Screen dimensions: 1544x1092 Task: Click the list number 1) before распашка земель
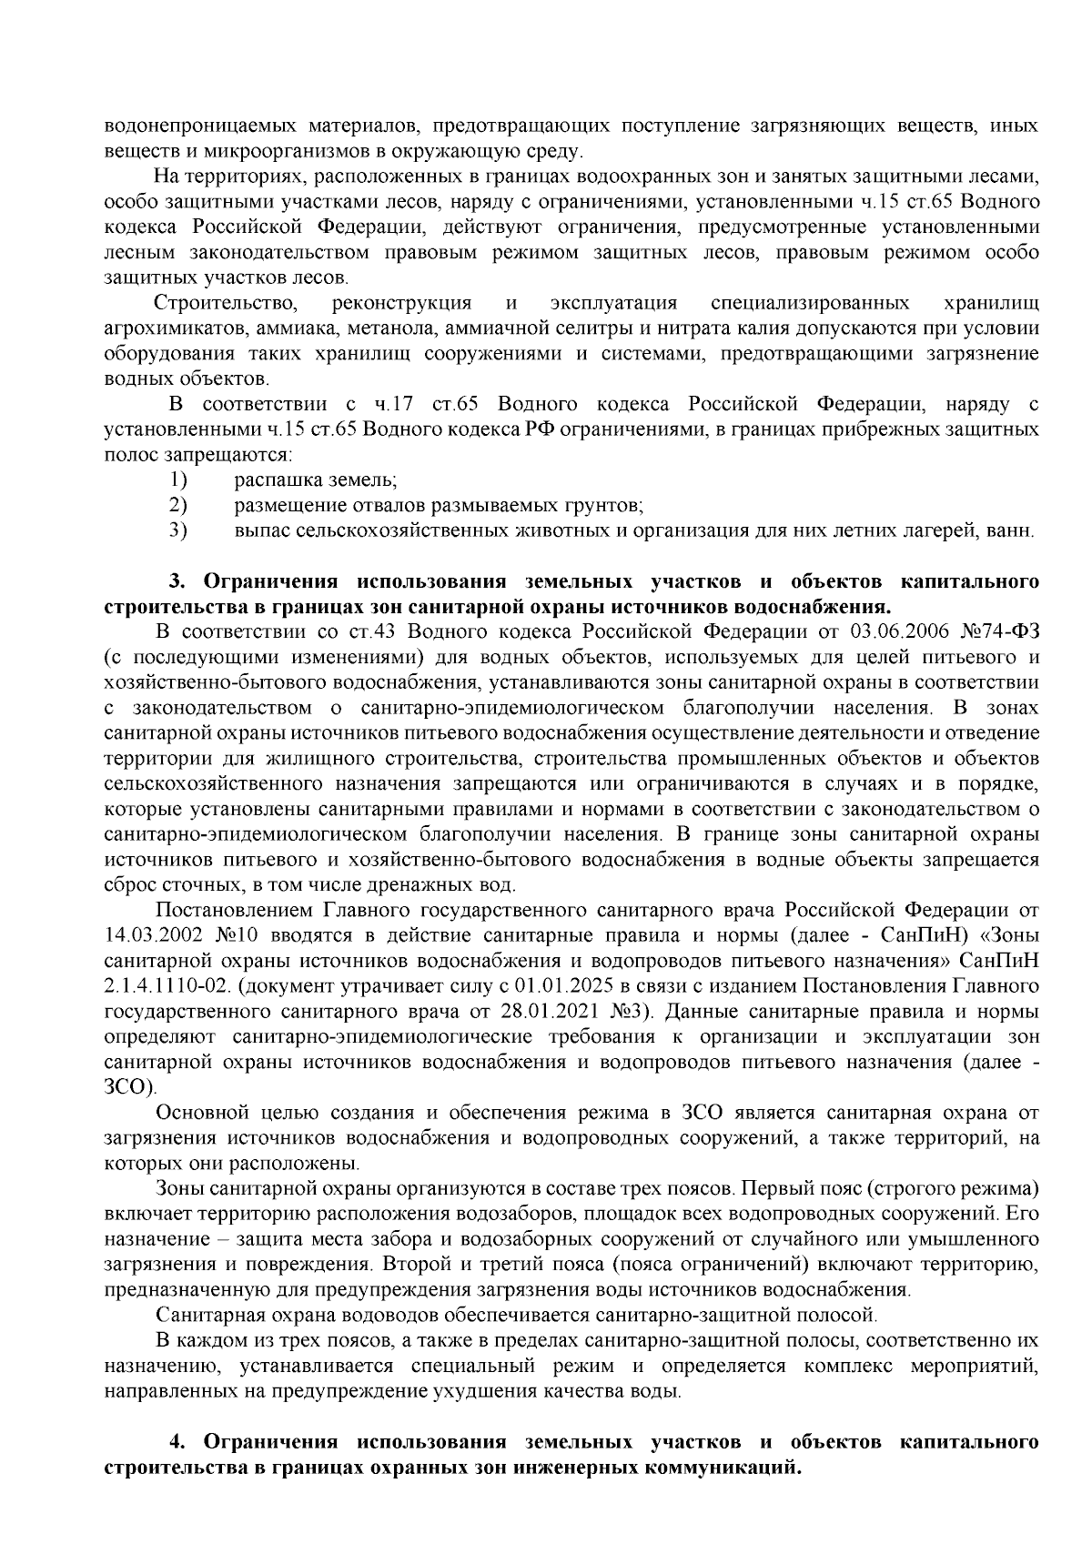tap(178, 479)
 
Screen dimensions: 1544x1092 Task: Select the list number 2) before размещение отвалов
tap(178, 505)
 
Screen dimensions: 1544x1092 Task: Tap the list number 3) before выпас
tap(178, 530)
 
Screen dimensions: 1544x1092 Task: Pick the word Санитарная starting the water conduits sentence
tap(205, 1315)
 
